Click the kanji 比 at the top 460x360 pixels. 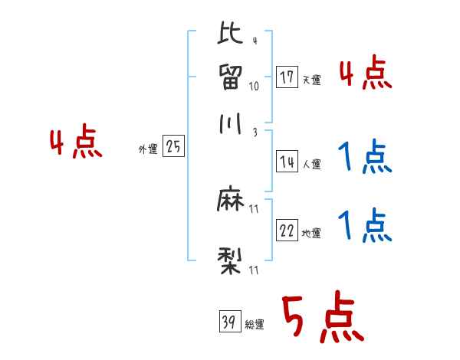click(230, 35)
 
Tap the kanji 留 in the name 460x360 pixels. click(230, 77)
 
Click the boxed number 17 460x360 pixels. click(287, 77)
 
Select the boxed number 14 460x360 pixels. click(287, 161)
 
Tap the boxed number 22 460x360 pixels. click(287, 231)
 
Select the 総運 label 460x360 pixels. click(255, 324)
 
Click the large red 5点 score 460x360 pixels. click(320, 318)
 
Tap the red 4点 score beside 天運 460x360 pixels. click(365, 74)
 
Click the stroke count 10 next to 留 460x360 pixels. click(254, 86)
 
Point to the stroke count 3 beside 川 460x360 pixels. click(254, 132)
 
